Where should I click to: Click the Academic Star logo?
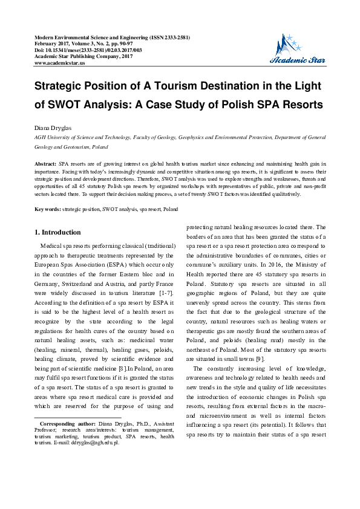point(296,50)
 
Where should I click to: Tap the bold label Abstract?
point(45,164)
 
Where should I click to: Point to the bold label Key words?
point(47,209)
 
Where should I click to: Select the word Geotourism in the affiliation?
point(80,146)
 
